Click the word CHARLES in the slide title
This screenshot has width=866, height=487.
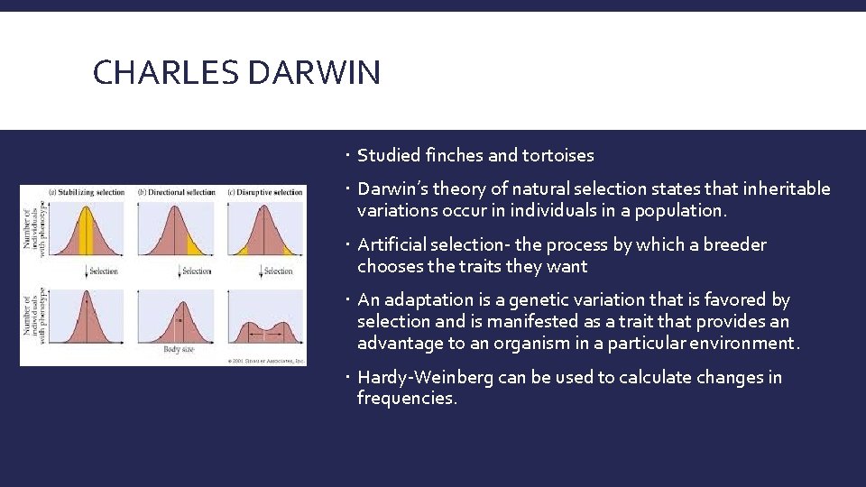pos(166,72)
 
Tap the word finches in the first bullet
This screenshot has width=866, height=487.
pos(453,155)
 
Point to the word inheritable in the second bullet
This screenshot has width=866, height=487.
pos(786,188)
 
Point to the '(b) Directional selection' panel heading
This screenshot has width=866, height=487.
pos(177,192)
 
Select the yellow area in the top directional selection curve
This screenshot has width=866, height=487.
pos(195,244)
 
